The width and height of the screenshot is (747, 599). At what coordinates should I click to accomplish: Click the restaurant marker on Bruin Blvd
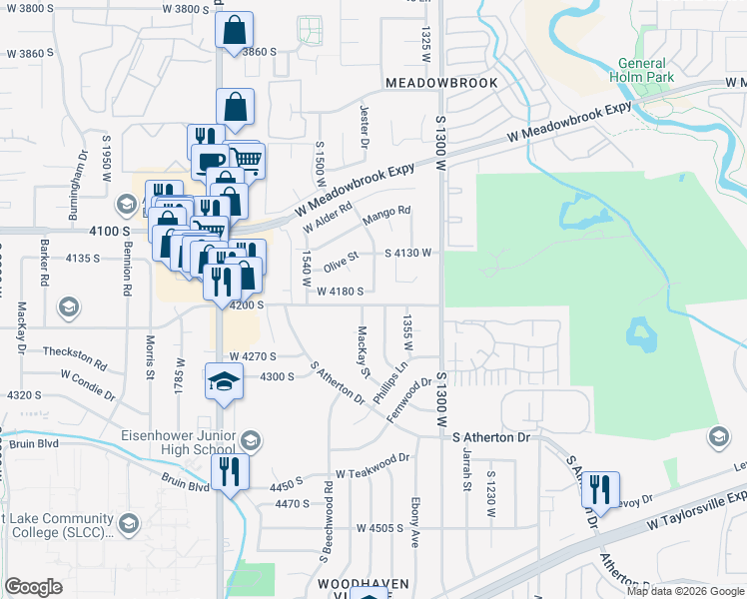click(229, 473)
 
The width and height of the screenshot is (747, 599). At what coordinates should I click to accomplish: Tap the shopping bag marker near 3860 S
click(234, 31)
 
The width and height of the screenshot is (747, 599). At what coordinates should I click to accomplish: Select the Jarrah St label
click(466, 474)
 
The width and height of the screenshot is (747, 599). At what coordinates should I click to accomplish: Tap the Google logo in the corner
click(33, 587)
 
